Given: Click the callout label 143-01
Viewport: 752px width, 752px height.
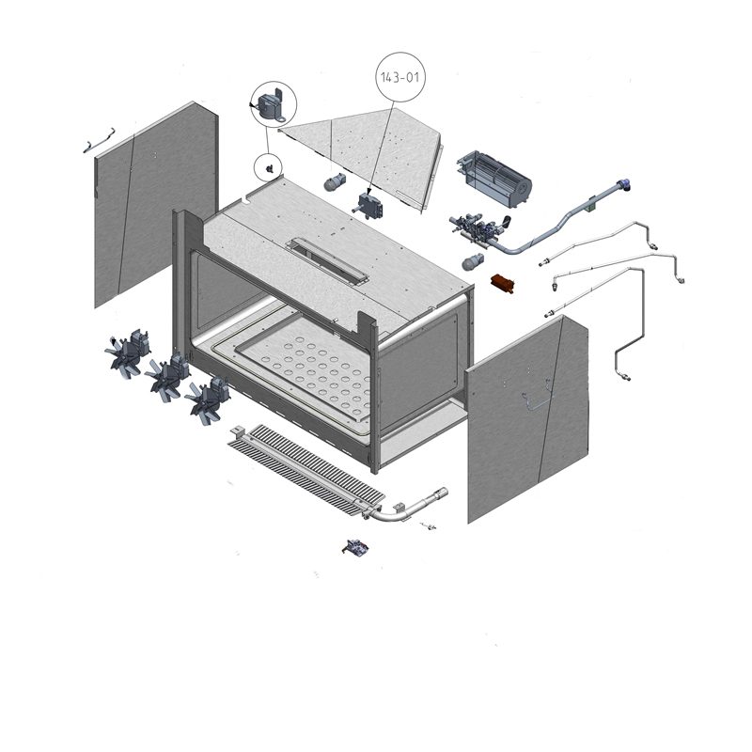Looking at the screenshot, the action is tap(400, 77).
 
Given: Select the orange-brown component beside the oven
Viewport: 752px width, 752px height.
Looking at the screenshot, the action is tap(503, 284).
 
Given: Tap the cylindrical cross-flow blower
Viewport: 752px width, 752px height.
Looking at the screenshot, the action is tap(494, 180).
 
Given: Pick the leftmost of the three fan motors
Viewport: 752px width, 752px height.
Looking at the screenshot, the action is tap(127, 353).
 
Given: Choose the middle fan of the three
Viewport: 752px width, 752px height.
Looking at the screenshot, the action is tap(166, 377).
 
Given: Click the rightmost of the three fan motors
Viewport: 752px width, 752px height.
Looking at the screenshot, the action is tap(207, 400).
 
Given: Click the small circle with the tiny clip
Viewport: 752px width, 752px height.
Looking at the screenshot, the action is tap(268, 168).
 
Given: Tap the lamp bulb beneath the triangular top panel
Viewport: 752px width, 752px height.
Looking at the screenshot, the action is tap(335, 182).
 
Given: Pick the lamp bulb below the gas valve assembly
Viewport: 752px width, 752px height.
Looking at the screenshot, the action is tap(473, 262).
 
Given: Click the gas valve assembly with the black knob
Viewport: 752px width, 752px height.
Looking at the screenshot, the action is tap(479, 229).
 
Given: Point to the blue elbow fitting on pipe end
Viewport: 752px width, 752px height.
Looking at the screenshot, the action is tap(623, 184).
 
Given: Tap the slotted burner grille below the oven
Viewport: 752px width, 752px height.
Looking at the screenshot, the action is tap(307, 469).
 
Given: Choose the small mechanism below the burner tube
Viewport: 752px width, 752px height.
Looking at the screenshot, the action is tap(355, 547).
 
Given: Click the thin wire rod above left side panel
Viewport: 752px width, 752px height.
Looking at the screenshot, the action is tap(100, 140).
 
